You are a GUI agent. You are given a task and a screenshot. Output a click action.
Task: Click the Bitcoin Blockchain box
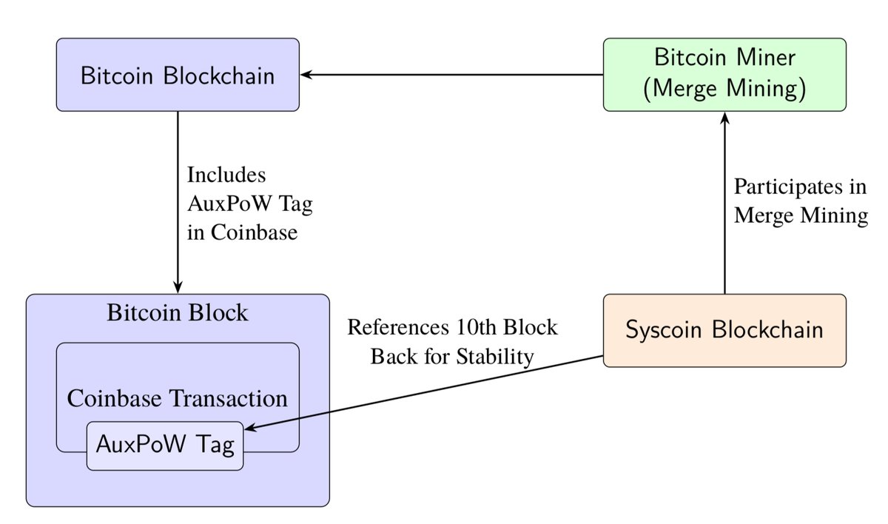pos(178,75)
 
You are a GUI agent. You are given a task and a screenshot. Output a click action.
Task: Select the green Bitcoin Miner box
pos(724,75)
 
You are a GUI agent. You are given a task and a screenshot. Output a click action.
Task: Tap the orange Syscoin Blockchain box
pos(724,330)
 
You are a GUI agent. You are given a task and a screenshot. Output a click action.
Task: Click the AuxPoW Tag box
pos(165,446)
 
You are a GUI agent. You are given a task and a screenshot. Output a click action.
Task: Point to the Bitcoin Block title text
pos(178,312)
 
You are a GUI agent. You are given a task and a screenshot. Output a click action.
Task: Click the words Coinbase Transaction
pos(178,399)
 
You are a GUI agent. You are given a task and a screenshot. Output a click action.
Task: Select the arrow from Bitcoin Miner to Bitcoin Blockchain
pos(451,75)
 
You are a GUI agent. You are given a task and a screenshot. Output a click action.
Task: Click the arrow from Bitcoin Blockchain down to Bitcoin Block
pos(178,200)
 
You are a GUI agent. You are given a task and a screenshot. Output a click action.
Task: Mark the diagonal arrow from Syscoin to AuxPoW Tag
pos(429,392)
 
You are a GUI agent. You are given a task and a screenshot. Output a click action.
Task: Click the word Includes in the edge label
pos(226,175)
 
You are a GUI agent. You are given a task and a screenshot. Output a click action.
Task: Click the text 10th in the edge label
pos(471,328)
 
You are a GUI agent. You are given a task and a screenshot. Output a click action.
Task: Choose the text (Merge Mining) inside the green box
pos(724,89)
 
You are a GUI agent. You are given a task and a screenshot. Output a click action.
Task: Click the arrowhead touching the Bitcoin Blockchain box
pos(306,75)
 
